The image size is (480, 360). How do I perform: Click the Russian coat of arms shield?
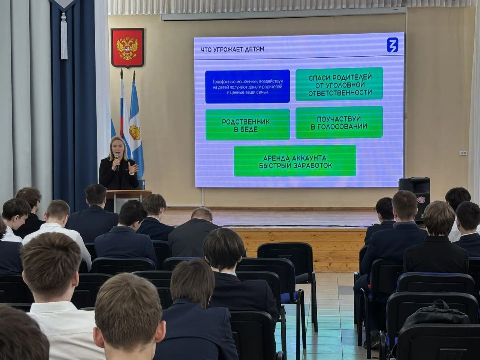click(x=127, y=48)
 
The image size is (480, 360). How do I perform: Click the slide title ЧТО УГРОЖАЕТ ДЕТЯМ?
click(x=232, y=49)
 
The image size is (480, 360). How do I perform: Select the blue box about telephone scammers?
click(x=247, y=86)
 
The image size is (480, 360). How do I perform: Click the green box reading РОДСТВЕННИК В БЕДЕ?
click(x=247, y=125)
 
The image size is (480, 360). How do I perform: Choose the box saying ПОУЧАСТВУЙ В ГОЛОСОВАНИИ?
click(x=339, y=123)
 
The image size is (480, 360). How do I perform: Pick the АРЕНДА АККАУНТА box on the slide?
click(x=295, y=161)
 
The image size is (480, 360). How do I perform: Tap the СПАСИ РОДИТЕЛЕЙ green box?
click(x=339, y=84)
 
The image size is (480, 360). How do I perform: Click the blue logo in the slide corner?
click(x=392, y=45)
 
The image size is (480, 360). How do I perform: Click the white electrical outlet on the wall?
click(x=463, y=153)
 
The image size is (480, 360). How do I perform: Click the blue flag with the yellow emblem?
click(x=136, y=127)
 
